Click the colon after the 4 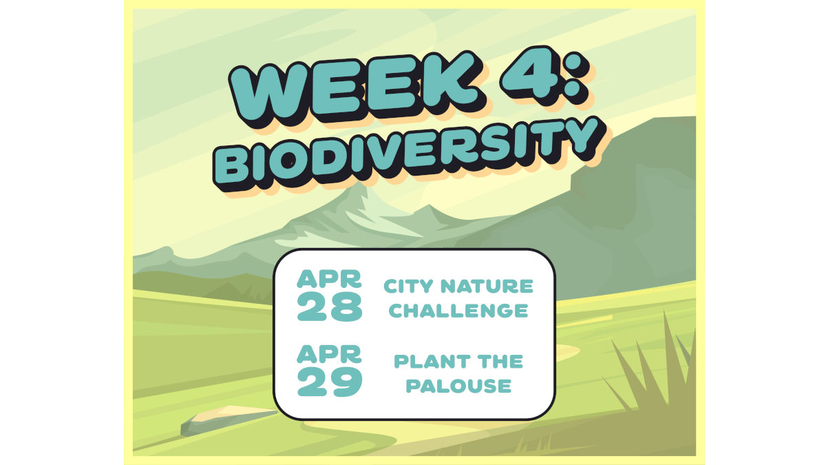[x=576, y=75]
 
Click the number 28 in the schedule [x=330, y=307]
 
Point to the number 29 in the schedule [x=330, y=382]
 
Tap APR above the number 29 [x=329, y=354]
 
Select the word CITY [x=408, y=286]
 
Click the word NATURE [x=487, y=286]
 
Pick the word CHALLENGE [x=458, y=311]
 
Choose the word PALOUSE [x=458, y=386]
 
